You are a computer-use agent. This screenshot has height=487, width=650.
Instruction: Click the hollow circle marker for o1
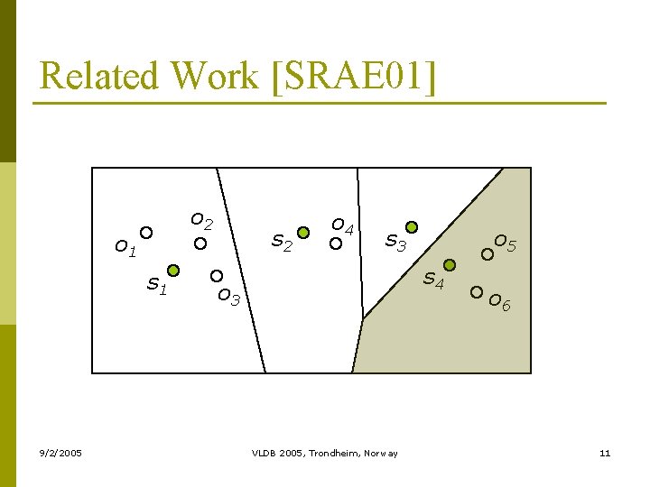click(x=146, y=232)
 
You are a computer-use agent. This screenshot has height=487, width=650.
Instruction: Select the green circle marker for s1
click(x=173, y=270)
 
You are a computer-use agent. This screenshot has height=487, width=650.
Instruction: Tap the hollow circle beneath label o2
click(x=200, y=243)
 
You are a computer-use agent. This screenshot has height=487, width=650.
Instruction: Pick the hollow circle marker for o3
click(x=217, y=275)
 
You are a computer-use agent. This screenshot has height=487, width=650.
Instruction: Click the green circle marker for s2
click(x=304, y=233)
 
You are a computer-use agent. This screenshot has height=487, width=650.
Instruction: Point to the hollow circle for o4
click(x=335, y=243)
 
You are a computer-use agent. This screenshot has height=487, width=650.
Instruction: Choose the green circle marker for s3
click(x=412, y=226)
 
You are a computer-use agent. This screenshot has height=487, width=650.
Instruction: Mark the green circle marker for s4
click(x=450, y=265)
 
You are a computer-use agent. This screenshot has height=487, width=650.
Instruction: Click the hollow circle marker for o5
click(x=487, y=254)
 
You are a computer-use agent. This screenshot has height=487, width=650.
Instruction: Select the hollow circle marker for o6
click(x=477, y=291)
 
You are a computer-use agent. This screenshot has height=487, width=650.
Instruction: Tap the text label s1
click(x=157, y=286)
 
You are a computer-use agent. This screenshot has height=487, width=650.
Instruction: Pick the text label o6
click(x=499, y=303)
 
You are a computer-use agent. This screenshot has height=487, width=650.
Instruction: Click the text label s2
click(x=283, y=243)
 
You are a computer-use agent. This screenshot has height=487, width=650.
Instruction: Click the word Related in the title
click(x=98, y=76)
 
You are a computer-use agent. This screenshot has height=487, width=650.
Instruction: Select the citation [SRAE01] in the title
click(x=352, y=76)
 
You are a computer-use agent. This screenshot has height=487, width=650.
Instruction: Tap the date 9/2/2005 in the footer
click(x=60, y=453)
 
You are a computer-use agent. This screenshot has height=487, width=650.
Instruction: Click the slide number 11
click(x=605, y=453)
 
